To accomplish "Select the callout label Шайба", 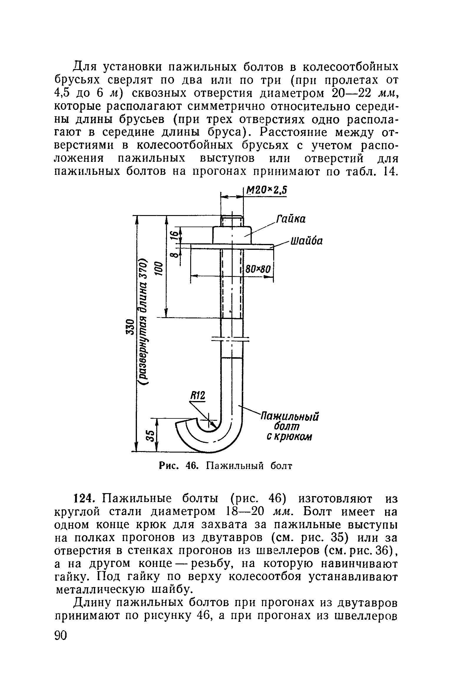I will click(x=307, y=241).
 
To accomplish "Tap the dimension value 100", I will click(x=159, y=268).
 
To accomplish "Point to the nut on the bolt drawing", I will click(x=232, y=235).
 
